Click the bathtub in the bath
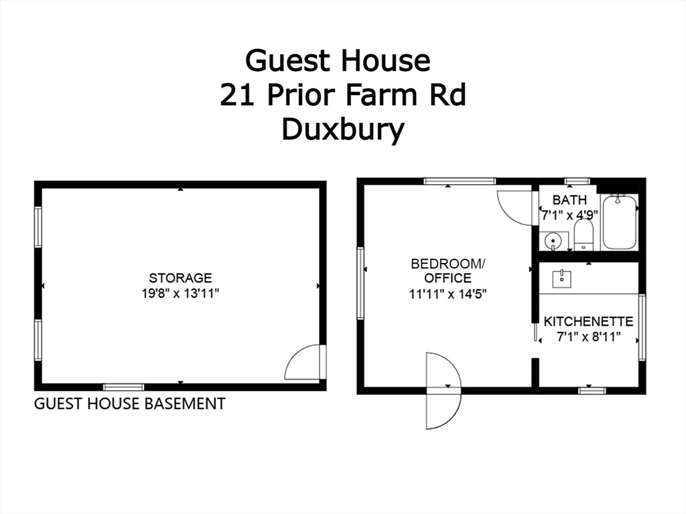click(x=619, y=223)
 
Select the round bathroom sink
click(x=553, y=240)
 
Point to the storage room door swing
click(x=305, y=363)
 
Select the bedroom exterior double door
click(x=443, y=390)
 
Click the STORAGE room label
click(x=180, y=278)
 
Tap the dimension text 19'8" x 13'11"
click(x=180, y=292)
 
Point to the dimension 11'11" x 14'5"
click(x=447, y=293)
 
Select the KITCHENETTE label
click(x=588, y=321)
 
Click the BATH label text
click(x=569, y=200)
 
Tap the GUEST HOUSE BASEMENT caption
click(x=130, y=404)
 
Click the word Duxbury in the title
click(x=342, y=129)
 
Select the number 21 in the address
click(x=236, y=95)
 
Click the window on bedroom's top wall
click(x=460, y=181)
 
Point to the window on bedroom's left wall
click(x=360, y=283)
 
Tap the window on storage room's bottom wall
click(x=123, y=387)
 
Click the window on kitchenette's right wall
click(x=642, y=328)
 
